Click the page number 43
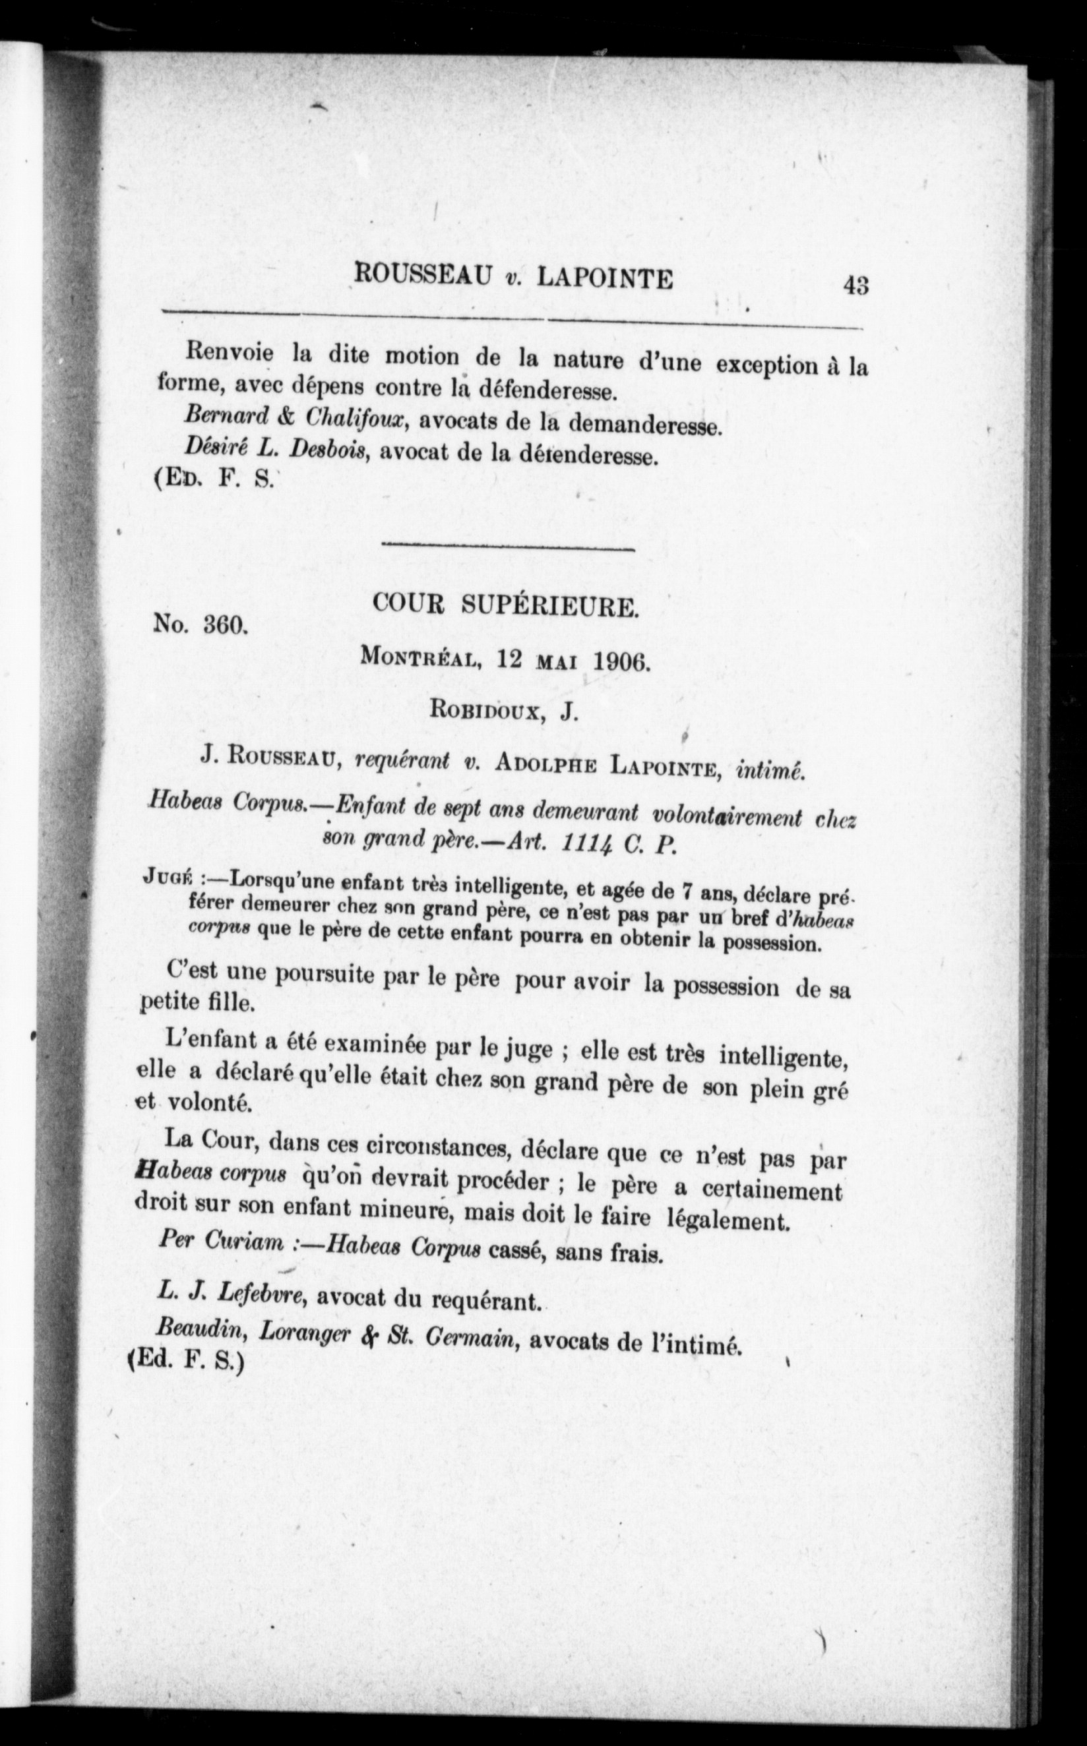[856, 286]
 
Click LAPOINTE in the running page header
[606, 278]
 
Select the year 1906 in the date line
[623, 660]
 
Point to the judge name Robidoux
[485, 711]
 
